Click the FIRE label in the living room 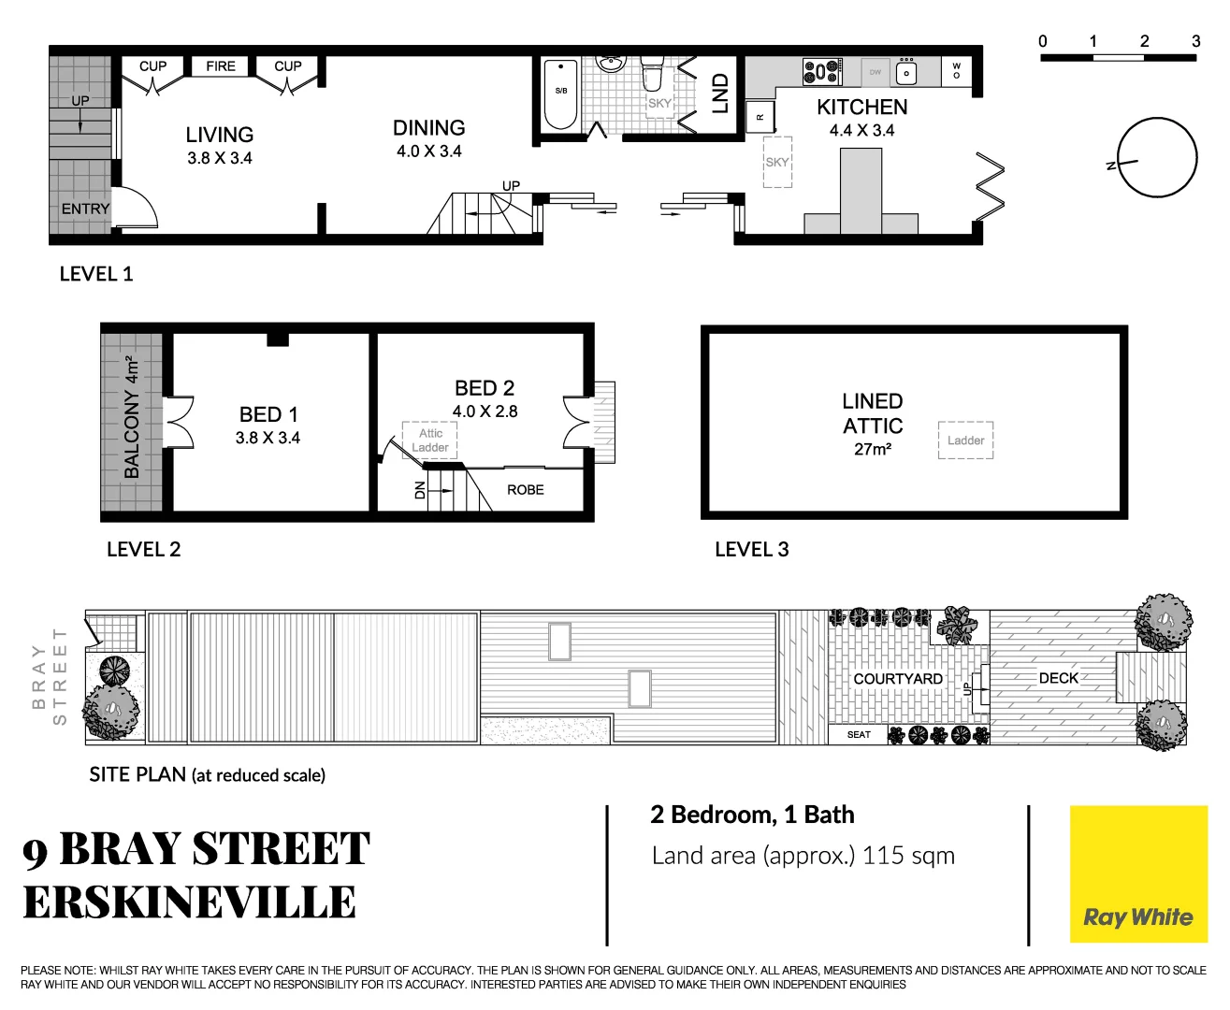(x=221, y=66)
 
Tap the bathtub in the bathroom (x=561, y=94)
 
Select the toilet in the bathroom (x=652, y=73)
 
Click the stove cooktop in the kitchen (x=821, y=71)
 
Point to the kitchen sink (x=905, y=72)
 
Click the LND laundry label (x=720, y=94)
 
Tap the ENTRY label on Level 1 (x=85, y=209)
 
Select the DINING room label (x=428, y=128)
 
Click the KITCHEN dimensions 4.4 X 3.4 (x=861, y=131)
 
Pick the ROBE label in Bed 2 (x=526, y=490)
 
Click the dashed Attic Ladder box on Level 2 (x=430, y=440)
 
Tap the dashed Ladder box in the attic (x=965, y=440)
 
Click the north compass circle (x=1157, y=158)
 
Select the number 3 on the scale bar (x=1195, y=41)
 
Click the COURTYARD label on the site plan (x=897, y=679)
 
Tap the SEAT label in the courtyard (x=859, y=735)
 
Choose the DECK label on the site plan (x=1058, y=678)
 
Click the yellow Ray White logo (x=1138, y=874)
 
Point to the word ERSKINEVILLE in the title (x=190, y=903)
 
